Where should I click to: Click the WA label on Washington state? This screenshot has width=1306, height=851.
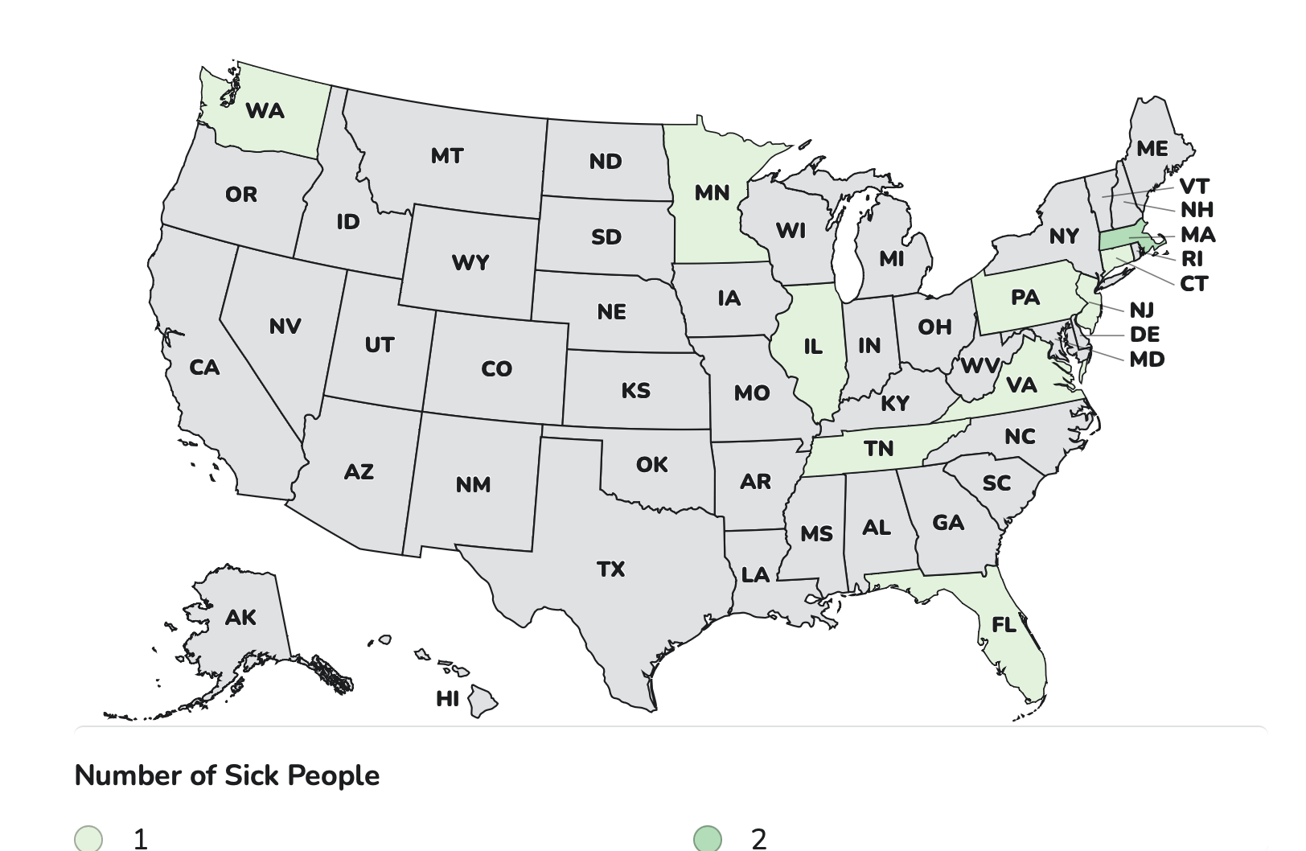pos(265,110)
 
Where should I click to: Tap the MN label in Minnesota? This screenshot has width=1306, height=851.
pos(712,193)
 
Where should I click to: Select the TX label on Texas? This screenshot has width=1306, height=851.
pos(611,569)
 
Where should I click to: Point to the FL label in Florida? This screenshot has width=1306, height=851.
pos(1004,624)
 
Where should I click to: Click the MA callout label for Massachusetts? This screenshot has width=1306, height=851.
pos(1197,235)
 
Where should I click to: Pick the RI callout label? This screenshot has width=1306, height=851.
pos(1192,259)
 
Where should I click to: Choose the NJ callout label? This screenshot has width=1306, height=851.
pos(1141,310)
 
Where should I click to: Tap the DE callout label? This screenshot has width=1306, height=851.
pos(1144,335)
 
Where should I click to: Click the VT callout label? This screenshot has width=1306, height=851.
pos(1194,187)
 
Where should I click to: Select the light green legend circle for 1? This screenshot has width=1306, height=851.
pos(88,838)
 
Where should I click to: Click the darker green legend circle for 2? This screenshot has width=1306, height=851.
pos(708,838)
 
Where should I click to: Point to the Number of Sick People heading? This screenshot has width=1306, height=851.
pos(227,775)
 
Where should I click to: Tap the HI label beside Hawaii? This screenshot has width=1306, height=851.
pos(447,699)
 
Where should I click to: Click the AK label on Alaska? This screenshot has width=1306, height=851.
pos(240,617)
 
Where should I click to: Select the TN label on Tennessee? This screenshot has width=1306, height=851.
pos(878,448)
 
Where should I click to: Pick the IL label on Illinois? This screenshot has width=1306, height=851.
pos(813,347)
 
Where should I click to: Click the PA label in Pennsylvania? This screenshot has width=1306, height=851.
pos(1025,298)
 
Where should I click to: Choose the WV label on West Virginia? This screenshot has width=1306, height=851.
pos(979,366)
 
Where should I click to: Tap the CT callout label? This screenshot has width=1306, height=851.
pos(1193,284)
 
